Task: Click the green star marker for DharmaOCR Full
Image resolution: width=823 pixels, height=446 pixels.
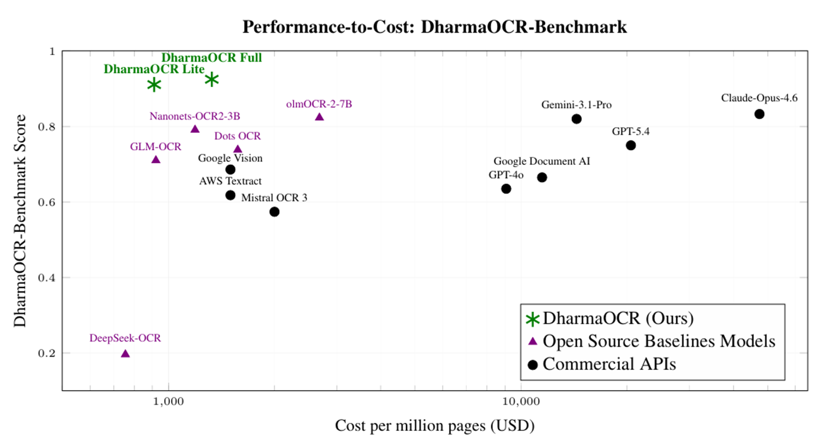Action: tap(212, 79)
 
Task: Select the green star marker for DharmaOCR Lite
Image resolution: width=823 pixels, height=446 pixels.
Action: tap(154, 85)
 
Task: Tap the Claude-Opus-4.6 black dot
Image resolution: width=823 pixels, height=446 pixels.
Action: tap(759, 114)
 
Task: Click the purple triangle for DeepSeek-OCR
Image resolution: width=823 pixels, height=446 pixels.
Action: tap(125, 354)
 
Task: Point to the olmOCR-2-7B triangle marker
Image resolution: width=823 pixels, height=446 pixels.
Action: tap(320, 117)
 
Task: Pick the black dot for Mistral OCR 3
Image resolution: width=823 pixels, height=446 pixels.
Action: tap(274, 211)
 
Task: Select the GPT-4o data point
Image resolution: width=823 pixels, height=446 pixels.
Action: tap(506, 189)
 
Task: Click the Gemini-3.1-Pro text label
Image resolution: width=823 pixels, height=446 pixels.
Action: tap(577, 105)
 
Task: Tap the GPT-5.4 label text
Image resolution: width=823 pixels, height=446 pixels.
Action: tap(630, 131)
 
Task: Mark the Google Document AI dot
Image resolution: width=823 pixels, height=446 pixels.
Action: tap(542, 177)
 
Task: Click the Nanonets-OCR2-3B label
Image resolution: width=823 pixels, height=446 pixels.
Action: tap(194, 116)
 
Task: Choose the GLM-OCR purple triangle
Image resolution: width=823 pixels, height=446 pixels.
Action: tap(155, 160)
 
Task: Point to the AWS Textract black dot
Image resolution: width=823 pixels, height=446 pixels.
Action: tap(230, 195)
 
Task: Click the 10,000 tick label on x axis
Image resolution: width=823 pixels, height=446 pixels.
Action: tap(520, 401)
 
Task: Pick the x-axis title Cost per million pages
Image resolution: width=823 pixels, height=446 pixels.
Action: tap(434, 426)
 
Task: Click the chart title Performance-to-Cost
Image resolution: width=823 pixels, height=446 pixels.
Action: tap(434, 27)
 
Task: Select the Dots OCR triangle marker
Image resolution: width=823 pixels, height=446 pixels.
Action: tap(238, 149)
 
